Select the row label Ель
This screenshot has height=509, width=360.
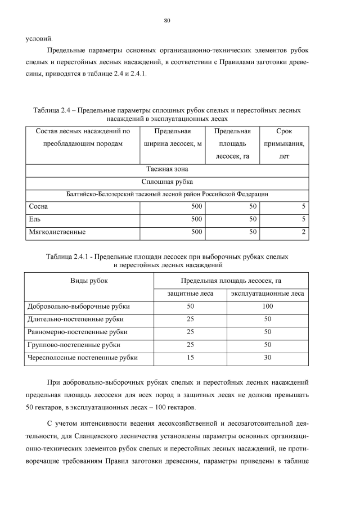[x=35, y=219]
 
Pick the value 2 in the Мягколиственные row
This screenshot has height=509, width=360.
[x=303, y=231]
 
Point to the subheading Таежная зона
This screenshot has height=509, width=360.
[x=167, y=169]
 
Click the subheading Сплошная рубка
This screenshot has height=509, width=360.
[x=167, y=181]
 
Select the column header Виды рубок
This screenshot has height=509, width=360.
[x=89, y=280]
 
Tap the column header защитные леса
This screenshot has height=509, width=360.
[x=190, y=293]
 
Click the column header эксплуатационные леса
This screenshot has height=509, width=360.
[x=267, y=293]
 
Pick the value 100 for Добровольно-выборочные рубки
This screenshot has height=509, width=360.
[x=267, y=306]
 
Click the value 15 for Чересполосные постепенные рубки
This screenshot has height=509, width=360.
[x=190, y=357]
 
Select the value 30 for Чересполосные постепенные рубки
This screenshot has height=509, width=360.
[x=267, y=357]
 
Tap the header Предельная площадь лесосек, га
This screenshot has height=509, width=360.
[x=231, y=280]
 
